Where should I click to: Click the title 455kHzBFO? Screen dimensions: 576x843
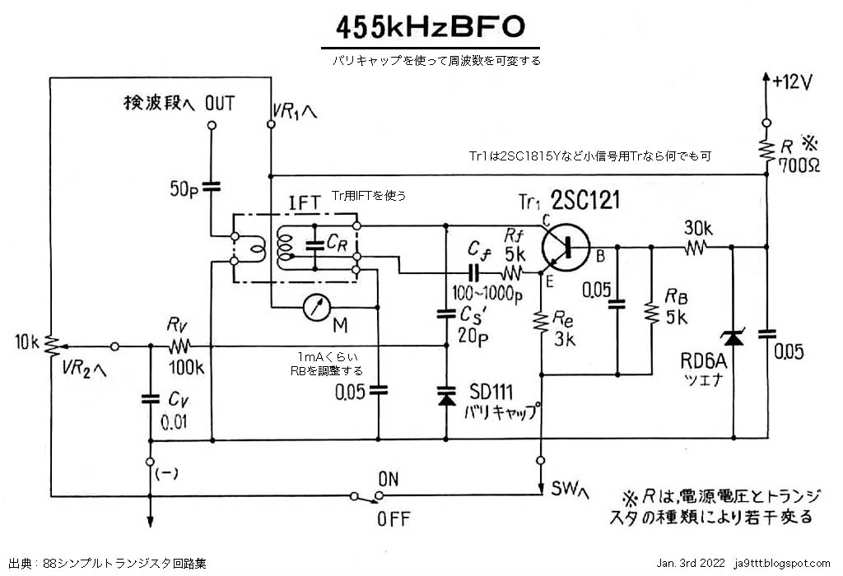tap(430, 26)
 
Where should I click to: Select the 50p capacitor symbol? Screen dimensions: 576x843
tap(212, 187)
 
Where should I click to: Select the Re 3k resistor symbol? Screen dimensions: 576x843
tap(541, 323)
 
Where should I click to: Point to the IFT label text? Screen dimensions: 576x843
tap(302, 202)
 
